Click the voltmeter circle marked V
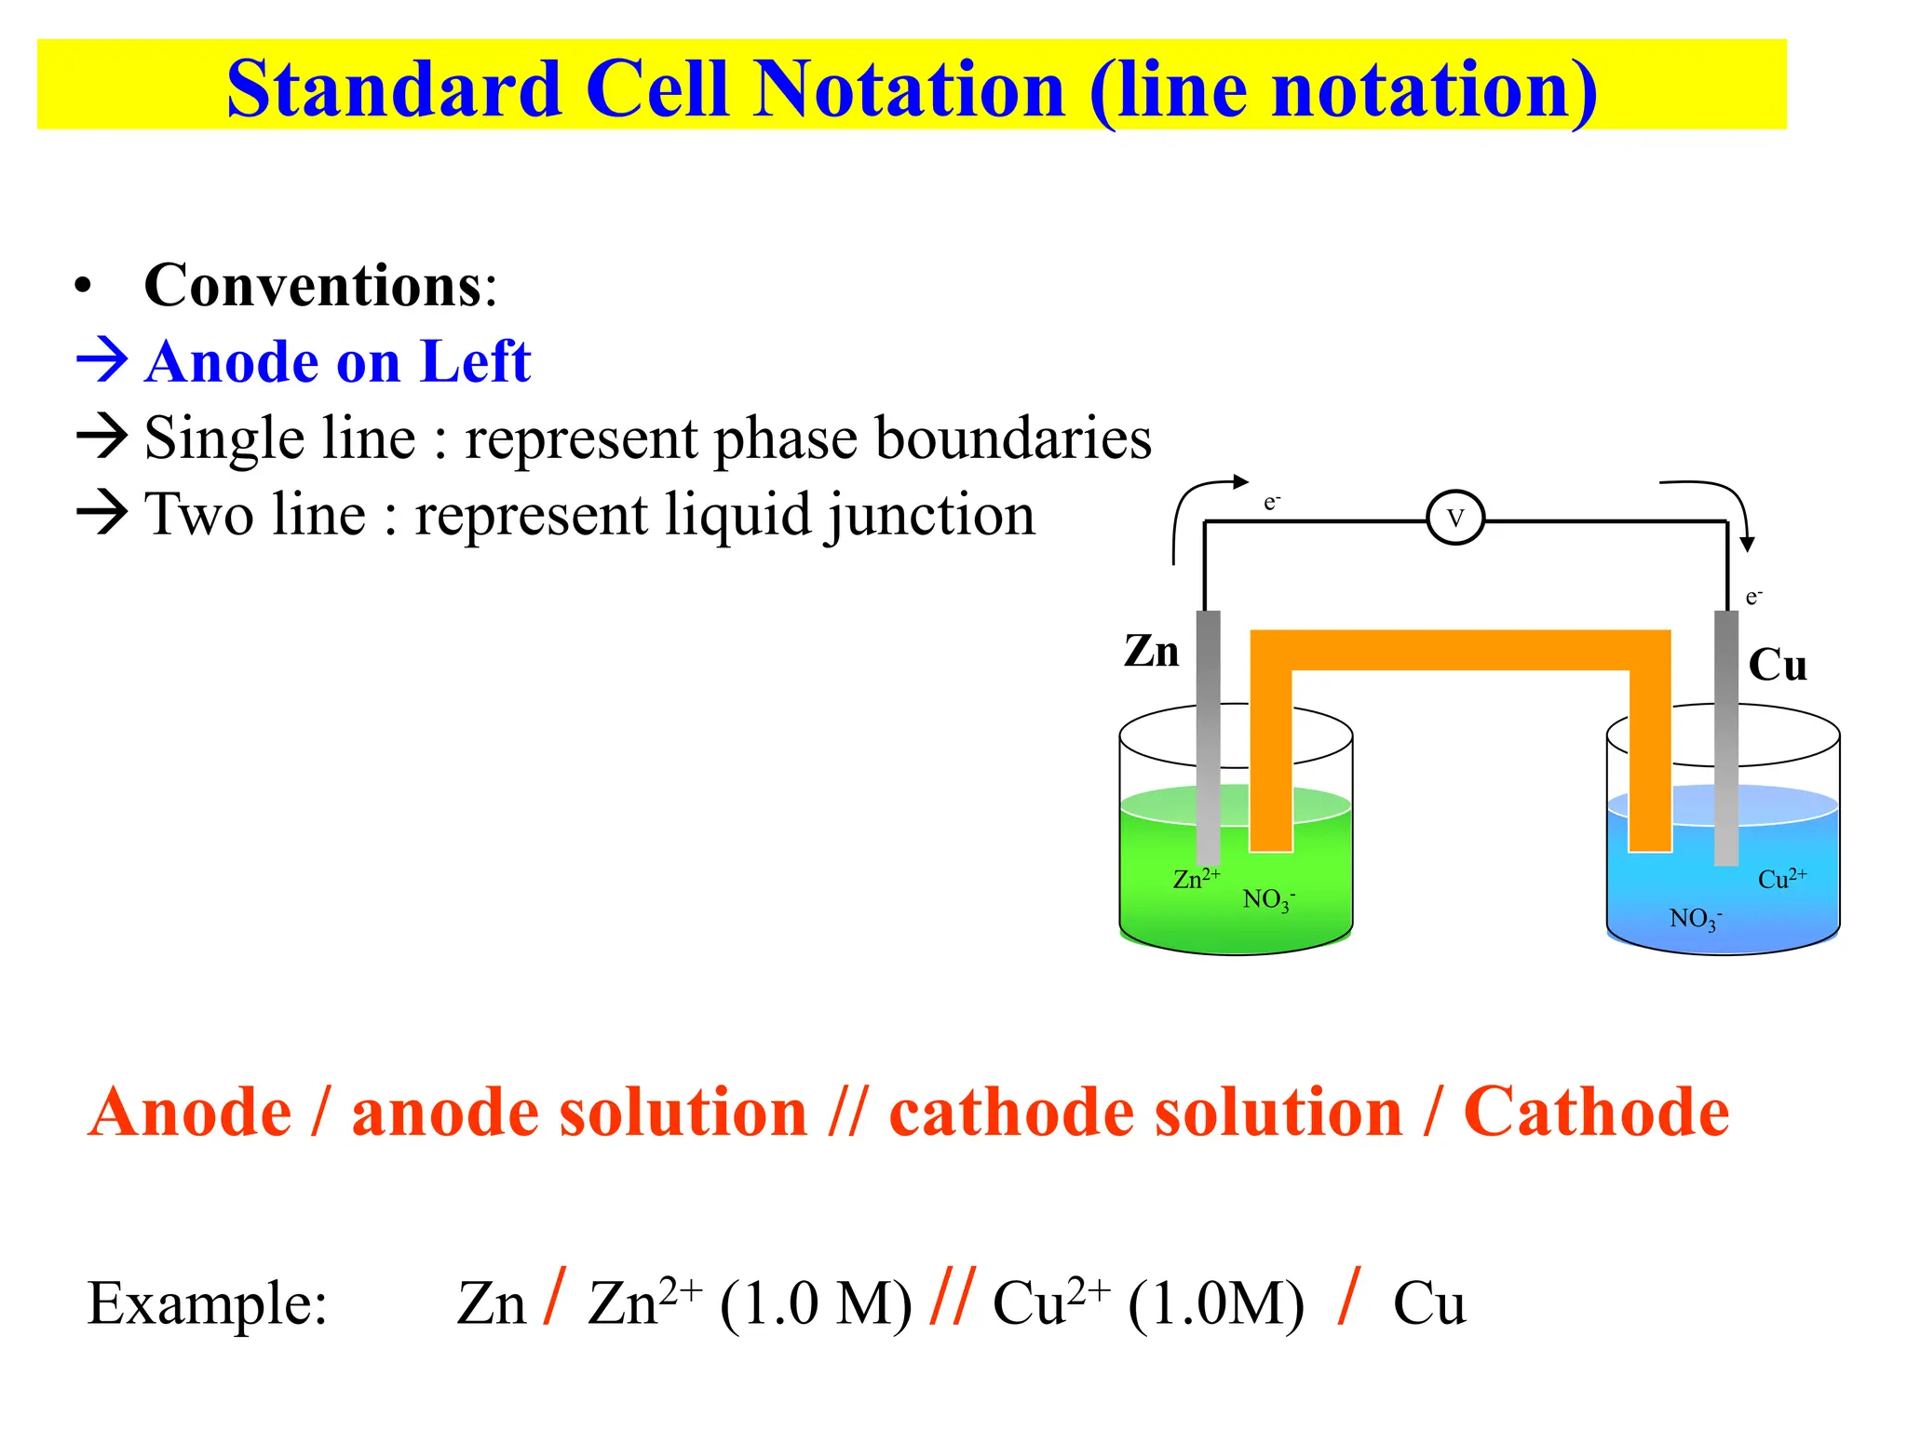click(1454, 519)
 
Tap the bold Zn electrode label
click(1151, 651)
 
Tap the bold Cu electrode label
click(1777, 665)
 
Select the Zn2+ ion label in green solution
click(1196, 878)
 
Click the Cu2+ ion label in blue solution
click(1781, 878)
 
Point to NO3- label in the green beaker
click(1268, 899)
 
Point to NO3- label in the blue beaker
click(1695, 919)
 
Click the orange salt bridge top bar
click(1459, 650)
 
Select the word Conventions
click(313, 285)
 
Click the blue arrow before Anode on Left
click(101, 361)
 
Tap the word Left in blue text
click(475, 361)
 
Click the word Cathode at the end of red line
click(1596, 1112)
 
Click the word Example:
click(207, 1302)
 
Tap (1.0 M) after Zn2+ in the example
click(815, 1302)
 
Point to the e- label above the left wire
click(1272, 503)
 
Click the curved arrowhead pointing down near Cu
click(1747, 544)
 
